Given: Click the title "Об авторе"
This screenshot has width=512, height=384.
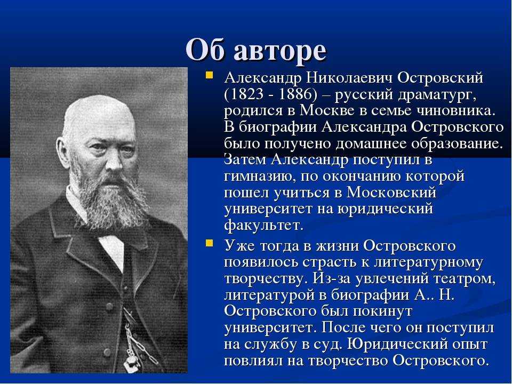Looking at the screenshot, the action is click(256, 50).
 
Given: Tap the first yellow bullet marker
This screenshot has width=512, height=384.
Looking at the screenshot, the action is click(209, 76).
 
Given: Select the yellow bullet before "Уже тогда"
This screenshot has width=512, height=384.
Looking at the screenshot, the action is click(209, 243).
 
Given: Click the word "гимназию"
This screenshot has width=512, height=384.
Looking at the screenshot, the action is click(260, 177).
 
